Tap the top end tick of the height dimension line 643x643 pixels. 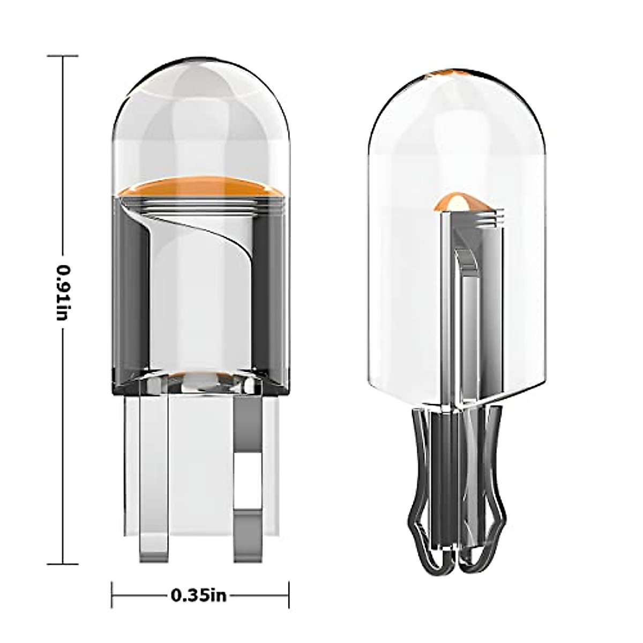click(x=63, y=55)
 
